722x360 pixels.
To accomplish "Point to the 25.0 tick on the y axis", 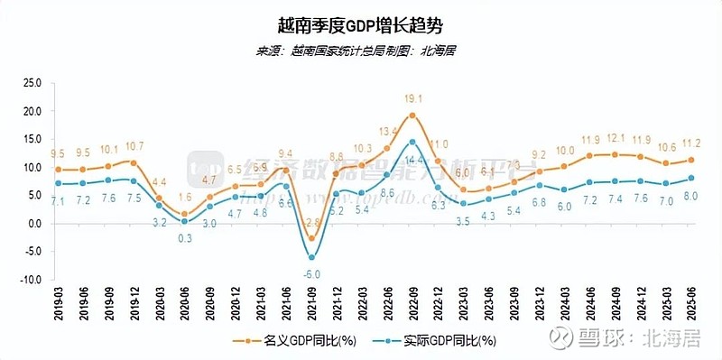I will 32,82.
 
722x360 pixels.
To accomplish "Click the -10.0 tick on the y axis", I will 32,280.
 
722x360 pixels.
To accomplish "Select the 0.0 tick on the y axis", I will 34,224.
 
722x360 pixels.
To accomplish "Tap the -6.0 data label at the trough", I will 312,274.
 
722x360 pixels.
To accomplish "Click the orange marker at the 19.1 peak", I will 412,115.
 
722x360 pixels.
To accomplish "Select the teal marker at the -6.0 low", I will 312,258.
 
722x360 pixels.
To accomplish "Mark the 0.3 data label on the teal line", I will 184,237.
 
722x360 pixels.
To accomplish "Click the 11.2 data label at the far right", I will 691,144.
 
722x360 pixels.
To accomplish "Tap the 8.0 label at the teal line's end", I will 691,196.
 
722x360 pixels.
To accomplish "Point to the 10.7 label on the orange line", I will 134,146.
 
